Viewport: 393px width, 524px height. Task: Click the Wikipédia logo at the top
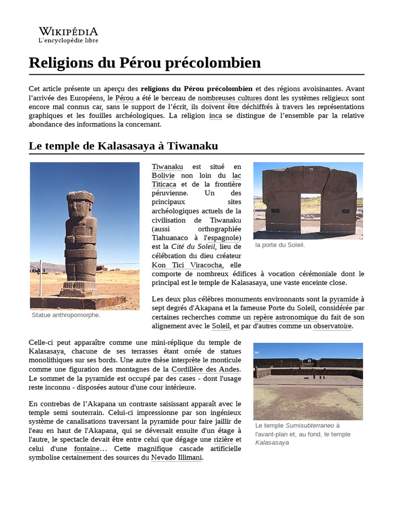click(x=69, y=35)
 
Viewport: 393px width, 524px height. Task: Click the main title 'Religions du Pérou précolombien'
click(x=145, y=63)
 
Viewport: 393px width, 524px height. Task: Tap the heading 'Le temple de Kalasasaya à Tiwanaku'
click(x=123, y=146)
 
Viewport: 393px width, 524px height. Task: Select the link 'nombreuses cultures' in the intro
click(x=230, y=98)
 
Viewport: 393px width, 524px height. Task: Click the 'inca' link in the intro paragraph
click(x=215, y=116)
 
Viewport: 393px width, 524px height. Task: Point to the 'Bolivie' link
click(x=163, y=176)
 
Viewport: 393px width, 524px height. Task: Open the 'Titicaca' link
click(x=164, y=184)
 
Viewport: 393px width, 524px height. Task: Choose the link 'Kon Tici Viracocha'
click(x=187, y=265)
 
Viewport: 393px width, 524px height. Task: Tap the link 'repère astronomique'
click(x=283, y=317)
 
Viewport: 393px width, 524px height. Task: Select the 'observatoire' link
click(x=332, y=326)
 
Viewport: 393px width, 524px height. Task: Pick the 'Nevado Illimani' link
click(x=176, y=457)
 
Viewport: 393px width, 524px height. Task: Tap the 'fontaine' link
click(x=86, y=449)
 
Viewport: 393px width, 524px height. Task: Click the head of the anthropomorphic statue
click(x=80, y=204)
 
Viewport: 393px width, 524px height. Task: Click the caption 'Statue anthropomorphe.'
click(x=66, y=315)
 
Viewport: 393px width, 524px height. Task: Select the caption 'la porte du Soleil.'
click(x=280, y=245)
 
